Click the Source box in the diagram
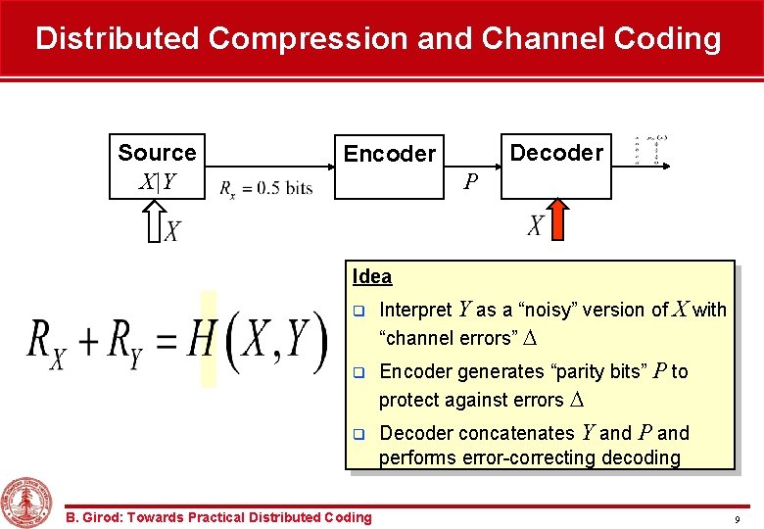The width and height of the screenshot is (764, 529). [157, 166]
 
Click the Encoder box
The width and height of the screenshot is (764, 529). [389, 166]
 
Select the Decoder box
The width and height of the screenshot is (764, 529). [556, 166]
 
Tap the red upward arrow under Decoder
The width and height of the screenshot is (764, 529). [556, 218]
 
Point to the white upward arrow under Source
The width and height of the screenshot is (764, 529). [154, 221]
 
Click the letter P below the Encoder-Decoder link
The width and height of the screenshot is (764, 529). [471, 182]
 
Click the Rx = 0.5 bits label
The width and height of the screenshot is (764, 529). [266, 188]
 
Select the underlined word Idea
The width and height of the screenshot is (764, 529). [372, 276]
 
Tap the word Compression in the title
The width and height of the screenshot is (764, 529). [308, 38]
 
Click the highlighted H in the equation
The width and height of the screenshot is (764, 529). [202, 339]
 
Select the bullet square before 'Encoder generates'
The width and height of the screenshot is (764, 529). [358, 373]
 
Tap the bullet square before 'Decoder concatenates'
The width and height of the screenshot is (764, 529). [358, 434]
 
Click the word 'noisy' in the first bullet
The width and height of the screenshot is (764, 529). [545, 310]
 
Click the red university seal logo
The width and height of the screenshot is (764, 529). [26, 503]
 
